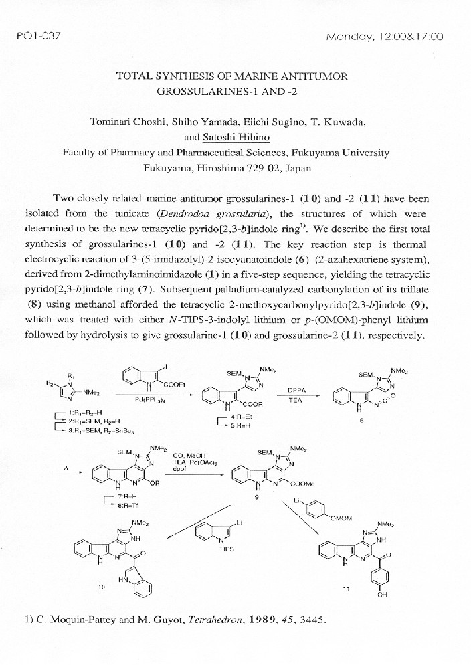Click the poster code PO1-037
point(38,35)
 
